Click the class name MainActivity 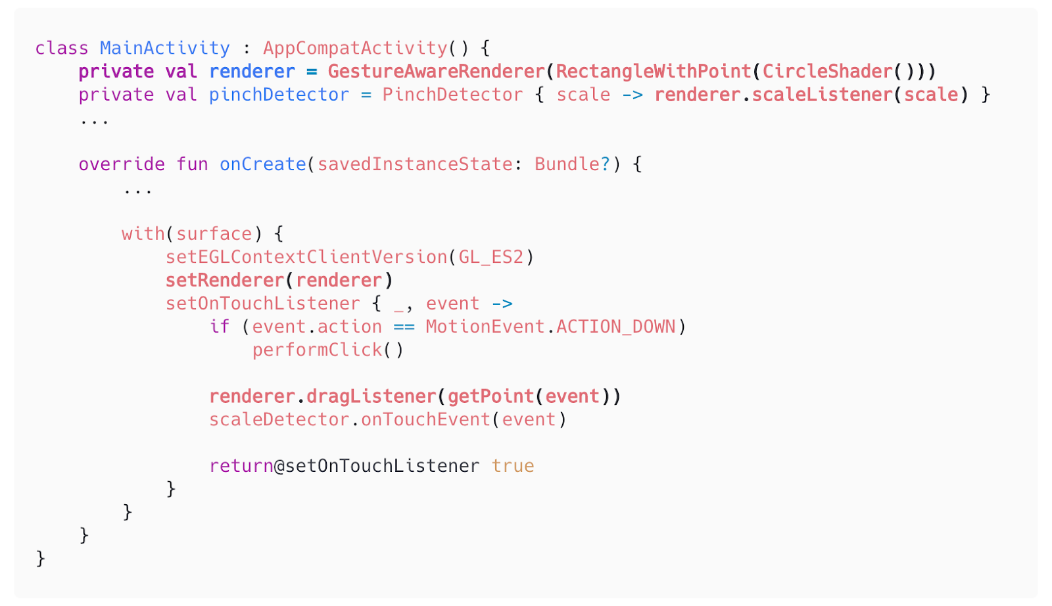(x=165, y=48)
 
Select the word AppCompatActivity (x=355, y=48)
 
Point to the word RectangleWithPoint (x=653, y=71)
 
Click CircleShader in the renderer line (x=827, y=71)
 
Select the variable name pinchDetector (x=279, y=95)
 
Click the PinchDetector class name (x=452, y=95)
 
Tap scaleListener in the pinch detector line (x=822, y=95)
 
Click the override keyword (x=122, y=164)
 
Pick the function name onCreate (x=263, y=164)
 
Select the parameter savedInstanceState (x=415, y=164)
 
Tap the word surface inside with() (x=214, y=234)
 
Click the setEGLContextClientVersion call (x=306, y=257)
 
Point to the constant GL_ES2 (x=491, y=257)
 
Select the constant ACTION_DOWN (x=616, y=327)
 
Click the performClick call (x=317, y=350)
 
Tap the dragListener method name (x=371, y=396)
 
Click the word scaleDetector (x=279, y=419)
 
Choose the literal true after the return (x=513, y=466)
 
